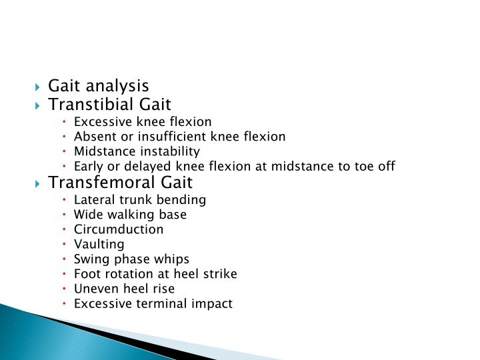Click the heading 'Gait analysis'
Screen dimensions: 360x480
99,86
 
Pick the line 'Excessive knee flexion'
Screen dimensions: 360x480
143,122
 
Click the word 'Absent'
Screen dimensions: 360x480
93,137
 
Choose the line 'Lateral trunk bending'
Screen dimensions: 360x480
140,200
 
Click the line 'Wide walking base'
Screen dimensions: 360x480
130,215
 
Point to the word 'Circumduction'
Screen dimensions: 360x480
119,229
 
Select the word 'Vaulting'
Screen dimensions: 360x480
99,245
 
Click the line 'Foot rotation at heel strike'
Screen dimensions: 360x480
155,274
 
